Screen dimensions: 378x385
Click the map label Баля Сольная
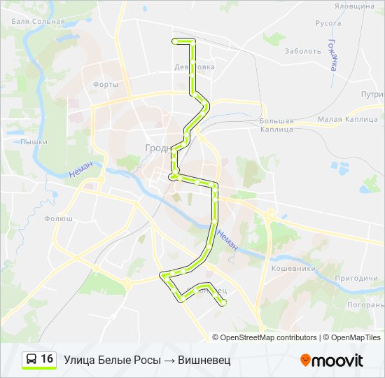[38, 21]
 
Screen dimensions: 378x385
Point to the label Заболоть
[303, 51]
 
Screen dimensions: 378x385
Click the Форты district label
[105, 85]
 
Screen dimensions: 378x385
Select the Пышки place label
[34, 141]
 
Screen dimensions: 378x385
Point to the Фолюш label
[58, 218]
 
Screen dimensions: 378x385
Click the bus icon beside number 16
[31, 360]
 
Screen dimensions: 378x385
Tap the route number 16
[47, 359]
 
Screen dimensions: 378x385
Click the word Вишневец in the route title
[204, 360]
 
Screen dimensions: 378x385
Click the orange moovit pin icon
[305, 360]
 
